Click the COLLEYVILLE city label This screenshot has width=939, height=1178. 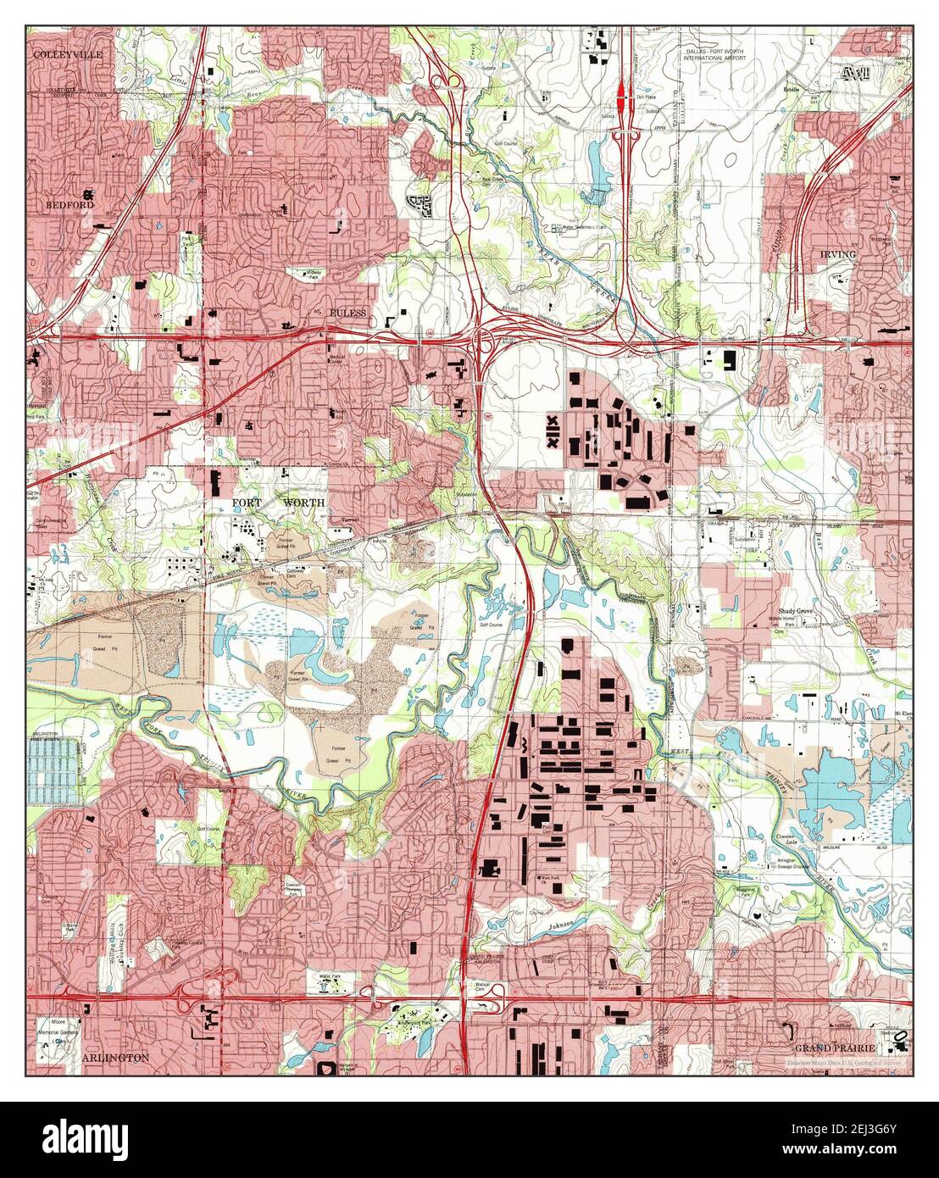(x=67, y=54)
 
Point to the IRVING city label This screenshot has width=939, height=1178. (x=838, y=253)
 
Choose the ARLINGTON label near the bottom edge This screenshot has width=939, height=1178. (x=116, y=1058)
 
